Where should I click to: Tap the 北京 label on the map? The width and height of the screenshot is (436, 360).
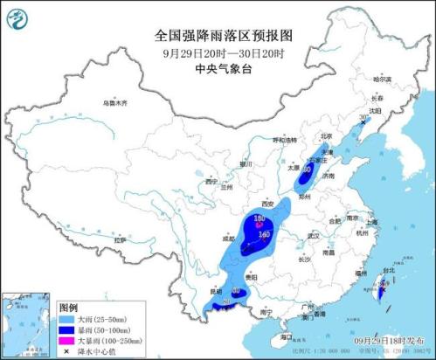[x=326, y=136]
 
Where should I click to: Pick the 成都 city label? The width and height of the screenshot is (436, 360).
[x=229, y=238]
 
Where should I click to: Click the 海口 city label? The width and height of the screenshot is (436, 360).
[x=286, y=336]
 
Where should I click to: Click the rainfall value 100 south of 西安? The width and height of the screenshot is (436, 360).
[x=260, y=218]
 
